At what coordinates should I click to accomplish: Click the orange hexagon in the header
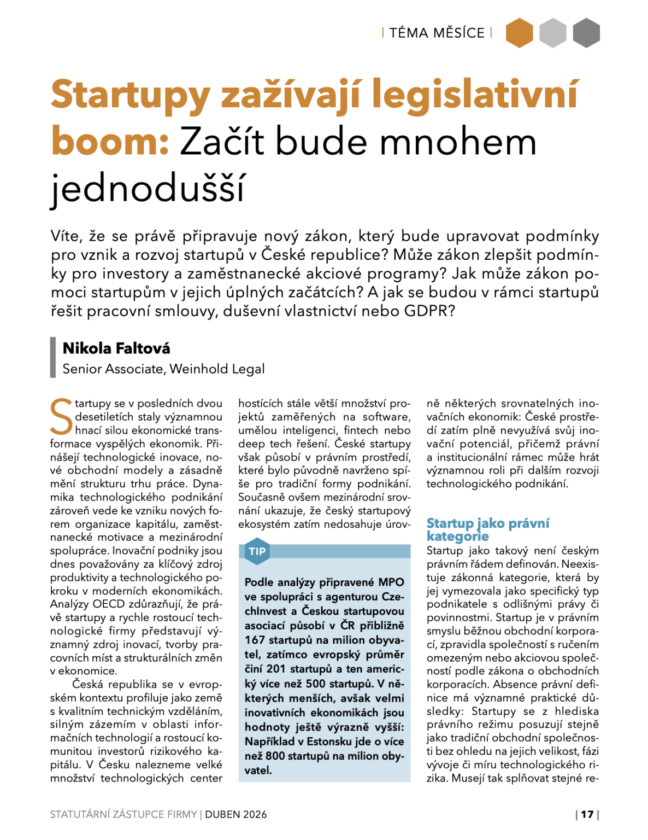point(519,33)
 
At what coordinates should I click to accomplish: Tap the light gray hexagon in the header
point(553,33)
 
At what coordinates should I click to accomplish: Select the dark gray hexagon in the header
point(586,33)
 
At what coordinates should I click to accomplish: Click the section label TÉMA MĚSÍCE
point(437,33)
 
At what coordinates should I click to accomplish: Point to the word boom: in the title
point(110,142)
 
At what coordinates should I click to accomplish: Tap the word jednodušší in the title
point(148,188)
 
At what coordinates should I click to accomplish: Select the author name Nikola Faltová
point(116,348)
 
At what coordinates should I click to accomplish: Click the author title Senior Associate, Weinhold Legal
point(163,369)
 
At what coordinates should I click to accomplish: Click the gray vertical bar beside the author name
point(53,357)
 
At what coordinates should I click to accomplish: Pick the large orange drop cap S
point(61,417)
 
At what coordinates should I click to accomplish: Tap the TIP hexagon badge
point(257,552)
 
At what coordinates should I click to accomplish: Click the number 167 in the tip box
point(254,640)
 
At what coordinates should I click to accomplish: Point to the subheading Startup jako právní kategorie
point(487,529)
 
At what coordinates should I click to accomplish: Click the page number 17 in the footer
point(587,814)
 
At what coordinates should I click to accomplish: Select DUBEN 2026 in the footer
point(236,814)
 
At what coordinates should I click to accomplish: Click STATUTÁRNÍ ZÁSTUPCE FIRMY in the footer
point(123,814)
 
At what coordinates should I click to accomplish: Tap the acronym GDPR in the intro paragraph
point(429,311)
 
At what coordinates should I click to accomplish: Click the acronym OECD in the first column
point(109,604)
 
